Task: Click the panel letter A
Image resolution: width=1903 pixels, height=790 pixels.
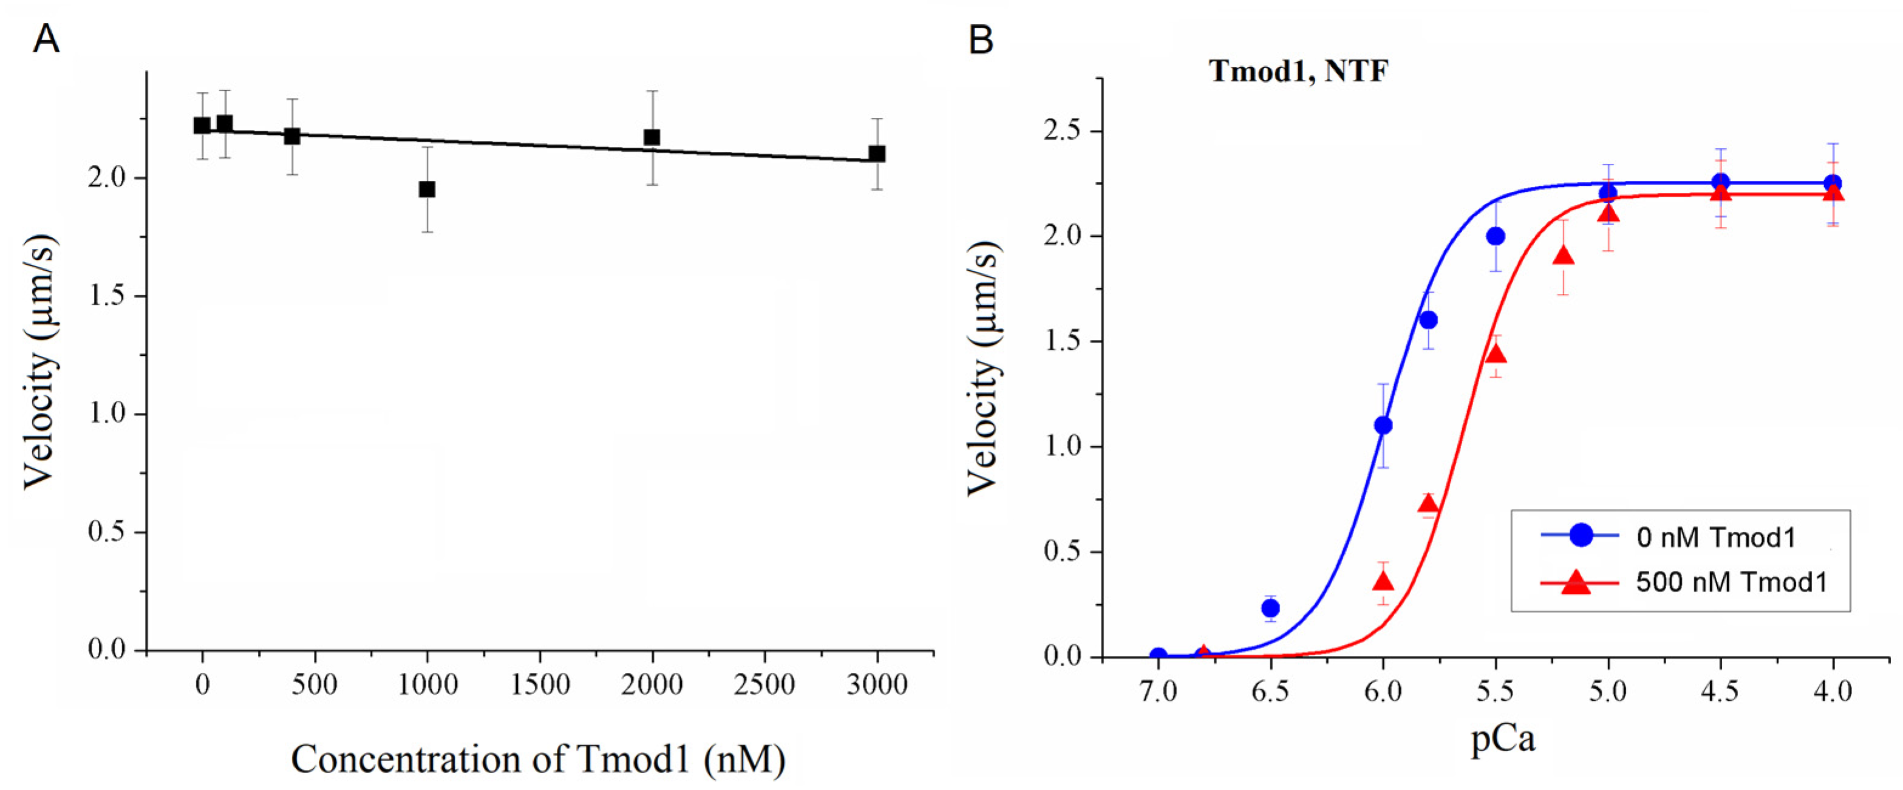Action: pyautogui.click(x=46, y=38)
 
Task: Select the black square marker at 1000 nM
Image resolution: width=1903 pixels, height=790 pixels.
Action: pyautogui.click(x=427, y=189)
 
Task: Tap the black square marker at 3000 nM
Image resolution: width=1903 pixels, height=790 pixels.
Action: pyautogui.click(x=877, y=154)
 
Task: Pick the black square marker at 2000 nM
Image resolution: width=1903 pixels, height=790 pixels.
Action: pyautogui.click(x=652, y=137)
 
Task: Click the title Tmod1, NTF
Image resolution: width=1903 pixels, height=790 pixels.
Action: pyautogui.click(x=1298, y=72)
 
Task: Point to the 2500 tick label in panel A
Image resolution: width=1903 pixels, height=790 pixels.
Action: pyautogui.click(x=764, y=685)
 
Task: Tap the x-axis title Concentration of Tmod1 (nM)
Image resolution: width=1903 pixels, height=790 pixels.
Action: pyautogui.click(x=538, y=760)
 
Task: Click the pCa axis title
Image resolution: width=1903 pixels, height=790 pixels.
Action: pyautogui.click(x=1503, y=739)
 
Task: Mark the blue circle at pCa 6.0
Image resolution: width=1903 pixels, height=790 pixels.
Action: pyautogui.click(x=1384, y=426)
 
